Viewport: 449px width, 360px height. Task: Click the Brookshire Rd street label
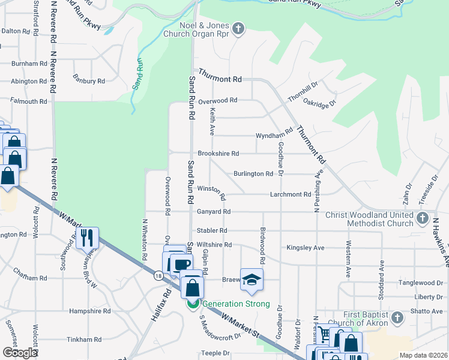(x=218, y=153)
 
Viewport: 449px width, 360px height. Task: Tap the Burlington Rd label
(x=253, y=173)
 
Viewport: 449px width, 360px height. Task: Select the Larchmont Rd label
(x=291, y=194)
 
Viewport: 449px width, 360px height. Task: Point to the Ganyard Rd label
(x=214, y=211)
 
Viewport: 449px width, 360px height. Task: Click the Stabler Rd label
(x=212, y=230)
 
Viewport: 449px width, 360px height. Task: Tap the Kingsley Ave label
(x=306, y=247)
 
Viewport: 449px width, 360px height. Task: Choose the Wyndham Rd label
(x=274, y=134)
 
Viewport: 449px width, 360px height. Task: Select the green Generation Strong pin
(x=193, y=304)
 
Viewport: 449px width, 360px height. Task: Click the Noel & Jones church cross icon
(x=238, y=28)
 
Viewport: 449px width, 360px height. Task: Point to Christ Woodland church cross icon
(x=423, y=217)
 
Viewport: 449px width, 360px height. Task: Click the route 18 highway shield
(x=158, y=275)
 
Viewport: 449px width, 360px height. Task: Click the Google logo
(x=20, y=353)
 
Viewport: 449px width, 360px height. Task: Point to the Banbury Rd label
(x=89, y=80)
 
